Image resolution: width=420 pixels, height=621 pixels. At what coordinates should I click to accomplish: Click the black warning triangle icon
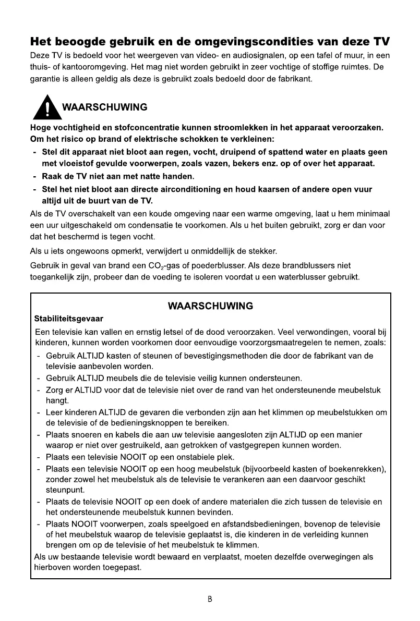[x=47, y=107]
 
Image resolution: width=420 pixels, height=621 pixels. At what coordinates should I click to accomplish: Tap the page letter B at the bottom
[x=210, y=599]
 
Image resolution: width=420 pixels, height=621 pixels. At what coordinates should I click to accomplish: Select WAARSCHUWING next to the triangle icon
[x=104, y=108]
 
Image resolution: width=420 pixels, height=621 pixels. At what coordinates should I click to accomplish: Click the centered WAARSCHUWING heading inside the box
[x=210, y=306]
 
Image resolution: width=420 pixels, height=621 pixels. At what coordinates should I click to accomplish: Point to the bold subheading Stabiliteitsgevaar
[x=68, y=318]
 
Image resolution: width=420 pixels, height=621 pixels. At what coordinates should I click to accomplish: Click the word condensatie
[x=138, y=225]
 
